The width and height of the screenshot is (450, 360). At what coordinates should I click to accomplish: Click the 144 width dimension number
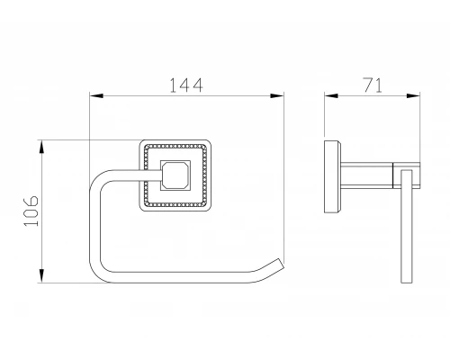[186, 85]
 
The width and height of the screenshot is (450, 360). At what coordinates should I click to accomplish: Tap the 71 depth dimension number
[373, 85]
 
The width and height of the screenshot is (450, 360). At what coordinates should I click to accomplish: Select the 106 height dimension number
[31, 211]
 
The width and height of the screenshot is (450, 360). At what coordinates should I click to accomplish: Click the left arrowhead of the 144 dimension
[96, 96]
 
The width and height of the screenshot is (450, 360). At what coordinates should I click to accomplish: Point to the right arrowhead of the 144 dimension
[277, 96]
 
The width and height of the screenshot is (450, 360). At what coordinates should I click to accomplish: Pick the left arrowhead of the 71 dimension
[331, 96]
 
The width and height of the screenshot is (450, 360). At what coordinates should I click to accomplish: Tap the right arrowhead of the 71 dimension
[413, 96]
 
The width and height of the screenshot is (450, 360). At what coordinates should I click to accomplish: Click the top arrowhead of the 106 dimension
[41, 147]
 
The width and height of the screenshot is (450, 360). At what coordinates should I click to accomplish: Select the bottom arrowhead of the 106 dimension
[41, 276]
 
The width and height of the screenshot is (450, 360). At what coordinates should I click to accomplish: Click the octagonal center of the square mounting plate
[175, 175]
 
